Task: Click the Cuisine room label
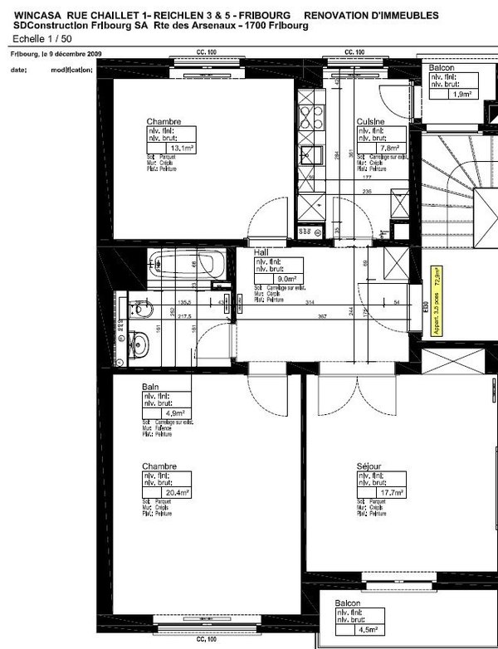pyautogui.click(x=370, y=121)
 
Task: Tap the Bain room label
pyautogui.click(x=150, y=387)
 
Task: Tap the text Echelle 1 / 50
pyautogui.click(x=43, y=38)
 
